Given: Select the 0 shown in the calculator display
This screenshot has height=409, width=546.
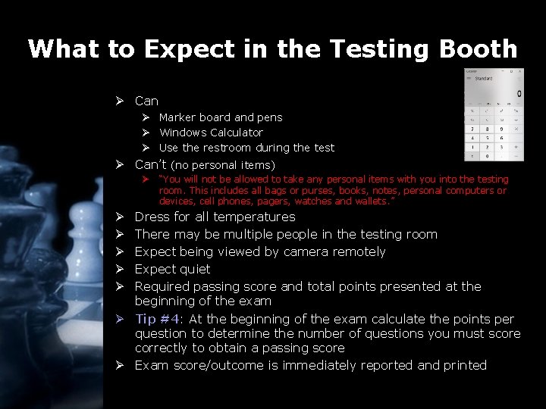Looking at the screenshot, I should click(x=519, y=95).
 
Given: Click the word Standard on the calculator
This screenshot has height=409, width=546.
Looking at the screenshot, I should click(x=484, y=78).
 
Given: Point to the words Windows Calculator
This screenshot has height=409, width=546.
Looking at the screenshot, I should click(x=211, y=133).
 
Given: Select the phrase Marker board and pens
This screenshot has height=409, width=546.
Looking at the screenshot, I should click(x=220, y=117).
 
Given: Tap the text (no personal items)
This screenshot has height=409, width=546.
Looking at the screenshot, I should click(x=223, y=165).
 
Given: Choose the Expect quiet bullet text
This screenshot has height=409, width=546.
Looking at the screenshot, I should click(x=172, y=269).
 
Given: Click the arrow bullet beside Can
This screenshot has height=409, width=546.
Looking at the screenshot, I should click(x=120, y=101).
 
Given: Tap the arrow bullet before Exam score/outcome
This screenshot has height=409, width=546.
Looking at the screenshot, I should click(x=120, y=365).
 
